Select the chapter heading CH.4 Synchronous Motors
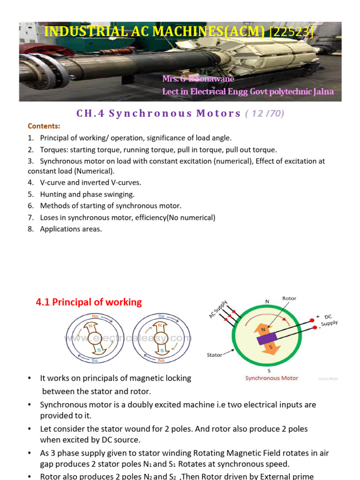coord(159,113)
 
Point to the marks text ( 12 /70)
coord(265,113)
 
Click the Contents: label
coord(44,126)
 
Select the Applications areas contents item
coord(71,229)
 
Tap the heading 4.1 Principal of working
coord(89,302)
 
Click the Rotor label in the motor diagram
coord(289,298)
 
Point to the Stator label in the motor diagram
coord(215,355)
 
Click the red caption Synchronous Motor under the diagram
coord(271,378)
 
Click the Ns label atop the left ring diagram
coord(95,316)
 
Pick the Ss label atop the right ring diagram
coord(161,316)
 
